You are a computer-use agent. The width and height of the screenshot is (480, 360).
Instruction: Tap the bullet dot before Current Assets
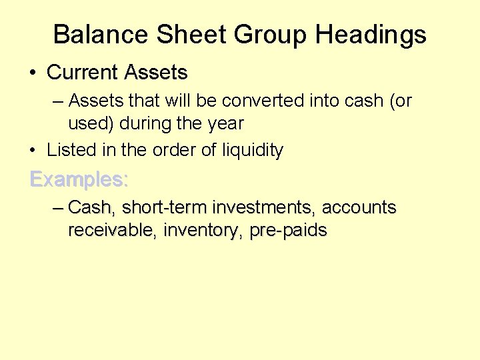tap(33, 73)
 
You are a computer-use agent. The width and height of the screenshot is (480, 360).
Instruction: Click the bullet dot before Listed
tap(33, 151)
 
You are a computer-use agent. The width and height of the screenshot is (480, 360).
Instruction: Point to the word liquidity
tap(254, 151)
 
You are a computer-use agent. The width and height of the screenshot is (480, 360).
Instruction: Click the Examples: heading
tap(79, 179)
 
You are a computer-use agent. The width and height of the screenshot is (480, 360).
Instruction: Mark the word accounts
tap(359, 207)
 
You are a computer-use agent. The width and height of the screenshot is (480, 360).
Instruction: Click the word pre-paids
tap(289, 231)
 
